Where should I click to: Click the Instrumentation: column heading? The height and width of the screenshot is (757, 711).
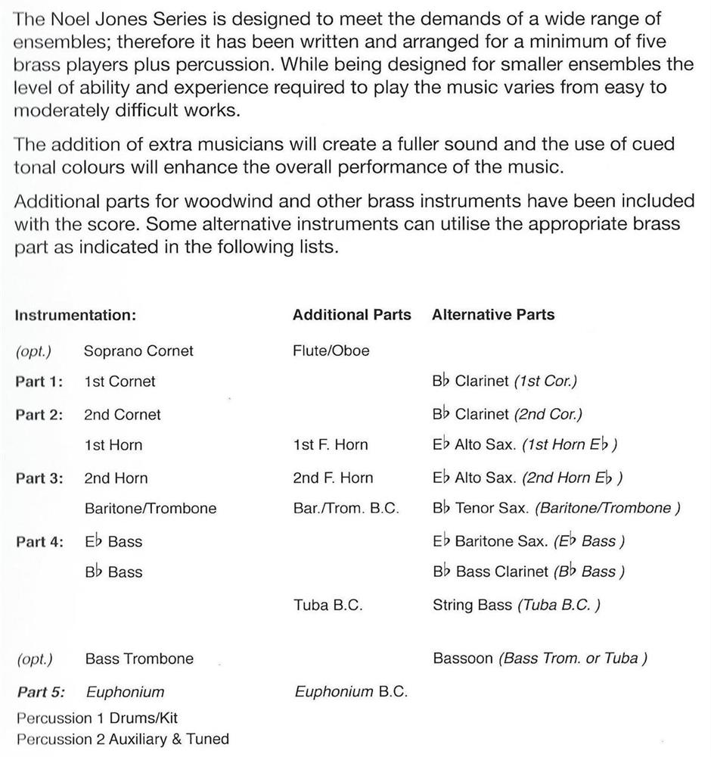[75, 316]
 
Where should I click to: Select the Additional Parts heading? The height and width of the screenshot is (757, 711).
[352, 315]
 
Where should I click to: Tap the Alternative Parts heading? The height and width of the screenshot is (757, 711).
[492, 315]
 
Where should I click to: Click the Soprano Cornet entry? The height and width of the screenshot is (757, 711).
[138, 351]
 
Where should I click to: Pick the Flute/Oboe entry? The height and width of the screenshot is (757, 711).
[331, 351]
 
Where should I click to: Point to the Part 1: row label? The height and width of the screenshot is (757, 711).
[39, 382]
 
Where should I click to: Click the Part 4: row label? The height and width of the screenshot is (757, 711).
[39, 542]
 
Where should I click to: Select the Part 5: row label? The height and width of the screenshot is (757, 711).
[39, 692]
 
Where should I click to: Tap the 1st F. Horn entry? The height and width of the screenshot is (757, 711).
[330, 445]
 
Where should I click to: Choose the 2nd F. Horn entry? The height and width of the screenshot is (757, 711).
[332, 478]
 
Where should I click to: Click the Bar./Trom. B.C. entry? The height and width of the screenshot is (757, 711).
[345, 509]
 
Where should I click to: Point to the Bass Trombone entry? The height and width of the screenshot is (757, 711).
[139, 659]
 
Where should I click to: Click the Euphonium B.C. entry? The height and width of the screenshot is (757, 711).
[351, 692]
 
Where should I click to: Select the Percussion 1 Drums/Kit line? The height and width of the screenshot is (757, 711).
[97, 717]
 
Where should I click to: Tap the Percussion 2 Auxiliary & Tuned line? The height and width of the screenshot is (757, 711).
[122, 739]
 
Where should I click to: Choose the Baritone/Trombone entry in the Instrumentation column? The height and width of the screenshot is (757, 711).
[151, 509]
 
